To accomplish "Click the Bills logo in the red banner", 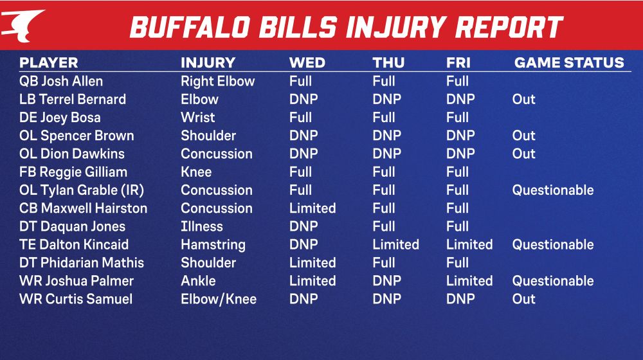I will pyautogui.click(x=23, y=24).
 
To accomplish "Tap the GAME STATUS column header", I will pyautogui.click(x=569, y=63).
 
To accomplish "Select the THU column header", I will pyautogui.click(x=388, y=63).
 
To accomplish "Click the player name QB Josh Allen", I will pyautogui.click(x=61, y=82).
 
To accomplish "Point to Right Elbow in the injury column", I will pyautogui.click(x=217, y=82).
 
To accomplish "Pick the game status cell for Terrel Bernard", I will pyautogui.click(x=523, y=100).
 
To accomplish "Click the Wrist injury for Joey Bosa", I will pyautogui.click(x=197, y=118).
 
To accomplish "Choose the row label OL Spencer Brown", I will pyautogui.click(x=77, y=136).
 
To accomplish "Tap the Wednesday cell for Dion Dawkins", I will pyautogui.click(x=303, y=154).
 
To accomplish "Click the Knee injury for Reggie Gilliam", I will pyautogui.click(x=196, y=172).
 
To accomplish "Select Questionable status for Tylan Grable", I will pyautogui.click(x=552, y=190).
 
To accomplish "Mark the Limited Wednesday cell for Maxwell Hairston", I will pyautogui.click(x=312, y=208).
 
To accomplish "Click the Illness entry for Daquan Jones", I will pyautogui.click(x=201, y=226).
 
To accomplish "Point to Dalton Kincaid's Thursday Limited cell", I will pyautogui.click(x=395, y=245).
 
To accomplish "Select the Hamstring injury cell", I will pyautogui.click(x=213, y=245).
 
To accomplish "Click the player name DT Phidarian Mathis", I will pyautogui.click(x=82, y=263).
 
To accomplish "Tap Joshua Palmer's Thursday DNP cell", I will pyautogui.click(x=386, y=281).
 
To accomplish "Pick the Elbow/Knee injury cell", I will pyautogui.click(x=218, y=299).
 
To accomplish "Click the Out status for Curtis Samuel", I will pyautogui.click(x=523, y=299).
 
